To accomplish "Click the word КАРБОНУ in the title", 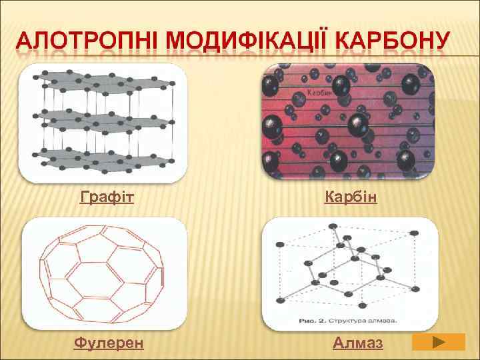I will (x=393, y=42).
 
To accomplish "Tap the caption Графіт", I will (x=107, y=197).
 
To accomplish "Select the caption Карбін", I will (x=351, y=197).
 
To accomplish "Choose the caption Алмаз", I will (x=358, y=343).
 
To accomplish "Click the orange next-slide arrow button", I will (x=438, y=342).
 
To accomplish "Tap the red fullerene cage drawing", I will (x=103, y=273).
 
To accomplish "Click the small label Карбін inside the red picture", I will (x=320, y=93).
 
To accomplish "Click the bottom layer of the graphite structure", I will (x=103, y=159).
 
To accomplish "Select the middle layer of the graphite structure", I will (x=103, y=120).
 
